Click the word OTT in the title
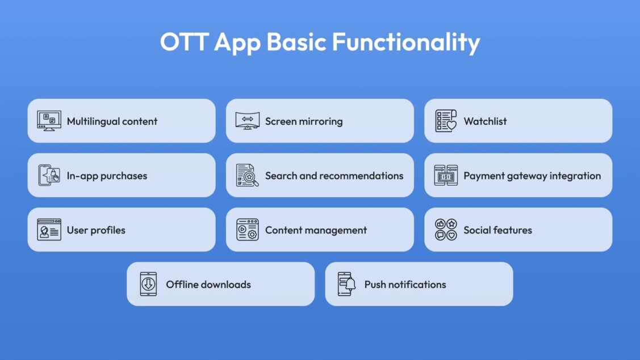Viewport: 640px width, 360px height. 185,41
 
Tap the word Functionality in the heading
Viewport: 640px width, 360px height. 405,43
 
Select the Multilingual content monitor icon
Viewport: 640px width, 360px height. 49,121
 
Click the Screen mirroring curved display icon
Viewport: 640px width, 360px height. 248,121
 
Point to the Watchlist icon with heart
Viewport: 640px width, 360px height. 446,121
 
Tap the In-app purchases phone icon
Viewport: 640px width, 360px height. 49,175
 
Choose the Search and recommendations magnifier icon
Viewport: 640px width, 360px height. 248,175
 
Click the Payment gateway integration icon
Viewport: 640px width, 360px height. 446,175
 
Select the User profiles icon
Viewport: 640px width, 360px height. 49,229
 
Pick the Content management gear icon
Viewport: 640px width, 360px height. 248,229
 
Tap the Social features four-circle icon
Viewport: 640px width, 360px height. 446,229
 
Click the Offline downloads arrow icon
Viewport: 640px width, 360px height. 148,284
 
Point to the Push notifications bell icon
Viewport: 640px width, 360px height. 346,284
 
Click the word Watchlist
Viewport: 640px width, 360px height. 485,121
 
